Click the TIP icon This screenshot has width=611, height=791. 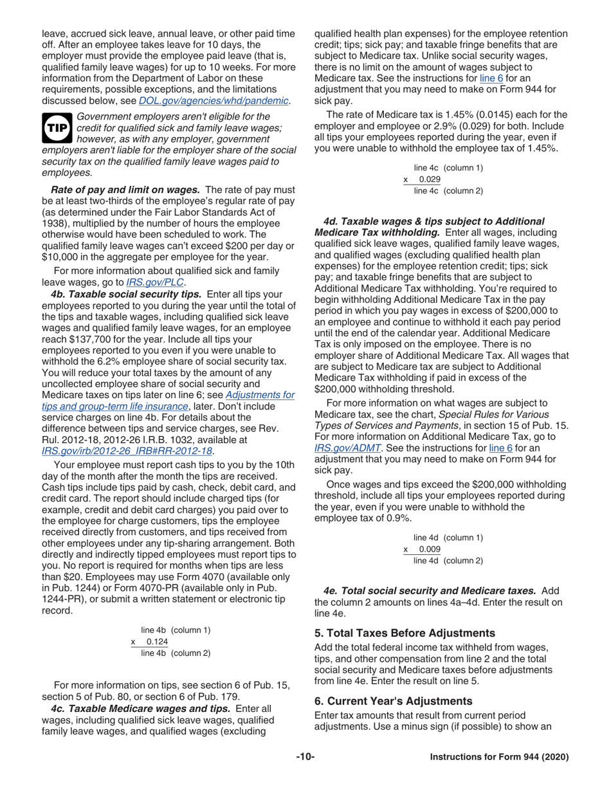[x=56, y=127]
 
